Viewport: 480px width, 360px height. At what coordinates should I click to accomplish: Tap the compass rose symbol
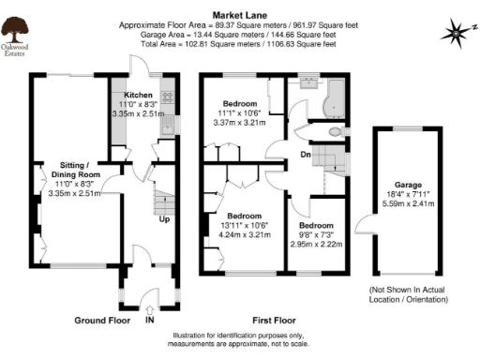(456, 32)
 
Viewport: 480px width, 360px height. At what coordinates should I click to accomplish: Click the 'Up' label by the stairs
(163, 219)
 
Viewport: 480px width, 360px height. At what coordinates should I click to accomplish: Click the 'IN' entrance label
(149, 320)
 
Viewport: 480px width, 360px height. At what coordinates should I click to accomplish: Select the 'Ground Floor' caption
(103, 320)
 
